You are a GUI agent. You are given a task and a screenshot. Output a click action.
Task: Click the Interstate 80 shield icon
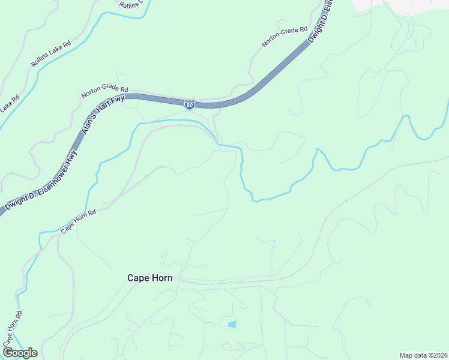pos(190,104)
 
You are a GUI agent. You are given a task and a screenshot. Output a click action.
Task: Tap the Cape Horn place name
pos(149,278)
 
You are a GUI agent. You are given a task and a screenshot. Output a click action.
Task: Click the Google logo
pos(20,353)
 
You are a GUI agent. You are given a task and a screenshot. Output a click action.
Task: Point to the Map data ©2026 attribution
pos(423,355)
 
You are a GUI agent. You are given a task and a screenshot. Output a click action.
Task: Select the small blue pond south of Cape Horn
pos(232,325)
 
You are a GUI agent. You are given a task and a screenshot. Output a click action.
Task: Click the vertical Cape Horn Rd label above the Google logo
pos(12,326)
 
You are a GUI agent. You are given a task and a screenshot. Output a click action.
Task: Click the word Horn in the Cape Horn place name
pos(161,278)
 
